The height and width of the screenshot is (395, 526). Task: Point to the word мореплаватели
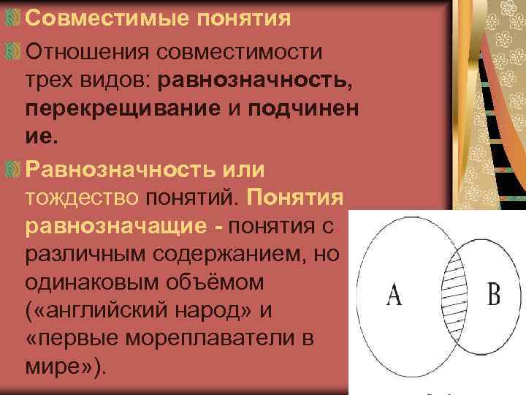coord(218,339)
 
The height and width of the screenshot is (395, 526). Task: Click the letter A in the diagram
coord(394,296)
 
